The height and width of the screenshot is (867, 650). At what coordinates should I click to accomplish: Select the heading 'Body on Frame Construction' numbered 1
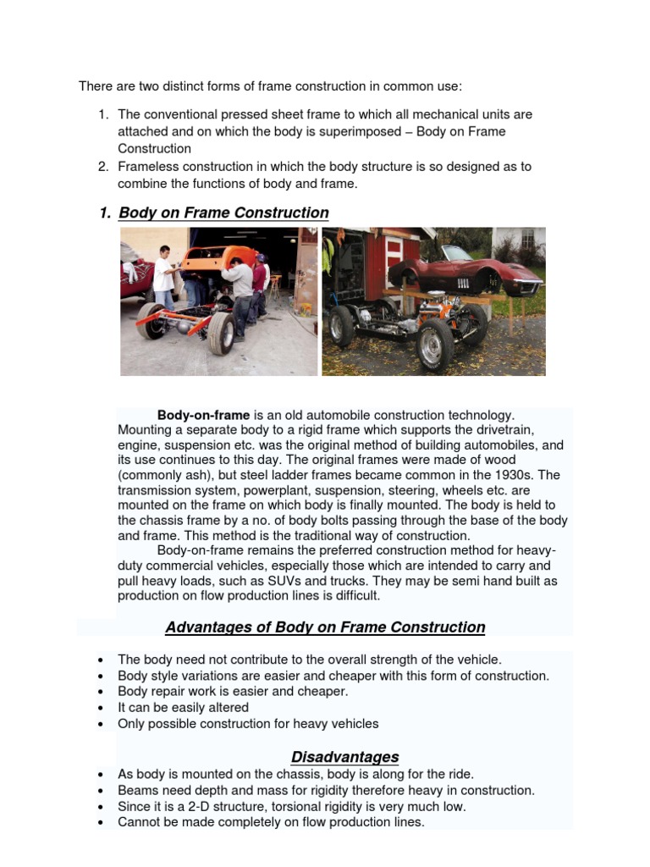coord(223,213)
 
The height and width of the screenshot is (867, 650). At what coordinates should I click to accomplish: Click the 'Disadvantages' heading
coord(344,757)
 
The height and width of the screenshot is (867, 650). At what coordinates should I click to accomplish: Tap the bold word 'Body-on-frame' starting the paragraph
coord(204,415)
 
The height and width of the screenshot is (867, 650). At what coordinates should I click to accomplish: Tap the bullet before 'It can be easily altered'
coord(101,708)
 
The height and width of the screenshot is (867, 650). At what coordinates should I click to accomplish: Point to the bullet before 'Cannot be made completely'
coord(101,822)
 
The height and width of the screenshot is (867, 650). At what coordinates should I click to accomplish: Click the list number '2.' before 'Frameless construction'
coord(103,166)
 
